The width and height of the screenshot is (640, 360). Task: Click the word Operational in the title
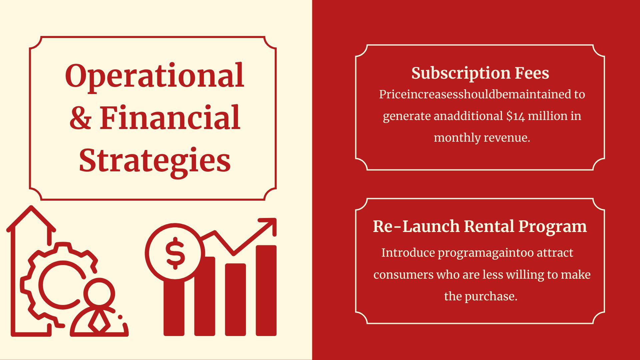(155, 76)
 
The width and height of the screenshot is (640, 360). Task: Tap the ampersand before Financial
(80, 117)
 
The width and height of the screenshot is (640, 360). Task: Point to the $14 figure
(515, 116)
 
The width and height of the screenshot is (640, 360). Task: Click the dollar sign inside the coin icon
(175, 253)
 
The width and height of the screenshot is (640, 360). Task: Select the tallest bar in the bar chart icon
(266, 290)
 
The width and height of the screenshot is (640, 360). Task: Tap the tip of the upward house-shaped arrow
(31, 207)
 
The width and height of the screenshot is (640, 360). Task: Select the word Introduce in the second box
(408, 253)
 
